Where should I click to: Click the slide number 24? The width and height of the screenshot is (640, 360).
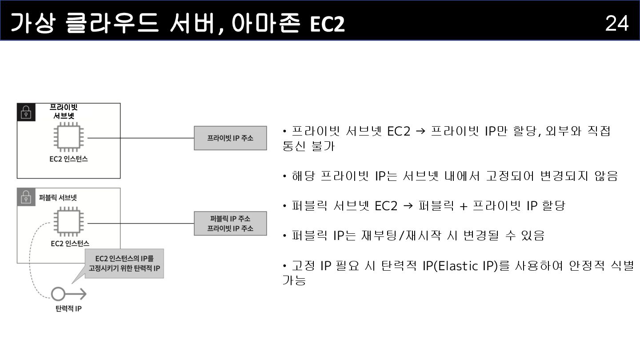coord(616,23)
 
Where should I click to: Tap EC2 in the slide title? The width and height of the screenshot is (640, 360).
coord(327,24)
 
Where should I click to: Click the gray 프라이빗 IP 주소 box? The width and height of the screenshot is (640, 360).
coord(230,138)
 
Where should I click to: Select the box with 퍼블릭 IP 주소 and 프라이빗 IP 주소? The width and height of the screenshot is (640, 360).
coord(230,223)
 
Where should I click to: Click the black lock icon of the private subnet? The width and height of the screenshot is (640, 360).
coord(26,112)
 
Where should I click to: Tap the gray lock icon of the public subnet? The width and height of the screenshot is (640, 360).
coord(26,197)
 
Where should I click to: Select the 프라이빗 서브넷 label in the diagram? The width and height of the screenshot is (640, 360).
coord(64,111)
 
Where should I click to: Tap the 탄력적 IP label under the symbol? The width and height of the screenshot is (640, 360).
coord(68,308)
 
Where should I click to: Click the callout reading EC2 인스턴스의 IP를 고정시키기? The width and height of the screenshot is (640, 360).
coord(124,264)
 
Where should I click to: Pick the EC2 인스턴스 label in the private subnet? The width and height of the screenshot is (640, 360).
coord(68,159)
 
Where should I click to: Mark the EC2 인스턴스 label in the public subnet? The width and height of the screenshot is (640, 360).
coord(70,243)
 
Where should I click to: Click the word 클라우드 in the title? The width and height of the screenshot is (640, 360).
coord(112,23)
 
